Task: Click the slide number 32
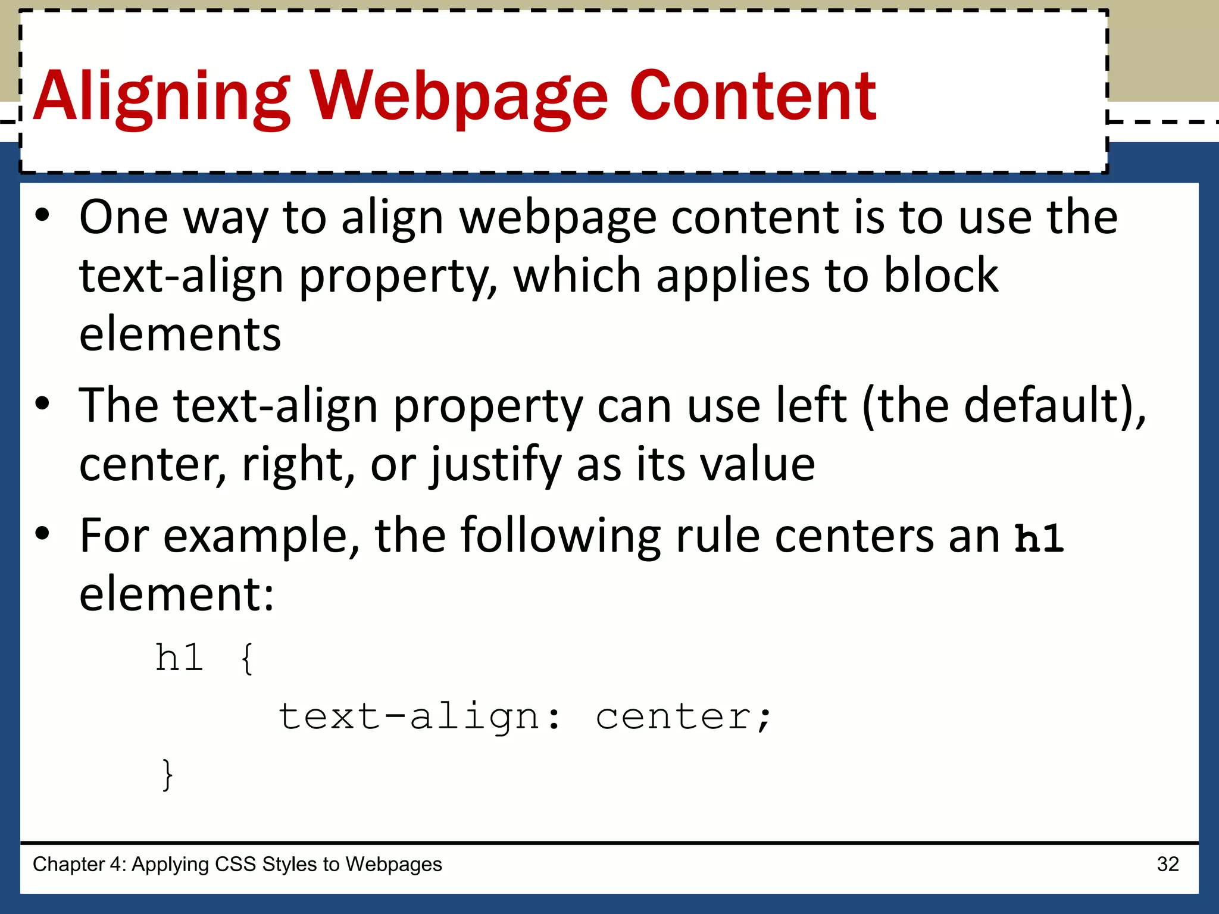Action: [x=1167, y=864]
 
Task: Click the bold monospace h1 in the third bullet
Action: [x=1039, y=538]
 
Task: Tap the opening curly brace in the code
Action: [x=247, y=659]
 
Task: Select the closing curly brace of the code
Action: [x=168, y=775]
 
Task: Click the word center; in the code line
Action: [x=683, y=716]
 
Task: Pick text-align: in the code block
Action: [x=419, y=716]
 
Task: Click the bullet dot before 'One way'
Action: [x=42, y=215]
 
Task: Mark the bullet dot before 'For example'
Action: [x=42, y=534]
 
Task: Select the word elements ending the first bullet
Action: [x=180, y=334]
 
